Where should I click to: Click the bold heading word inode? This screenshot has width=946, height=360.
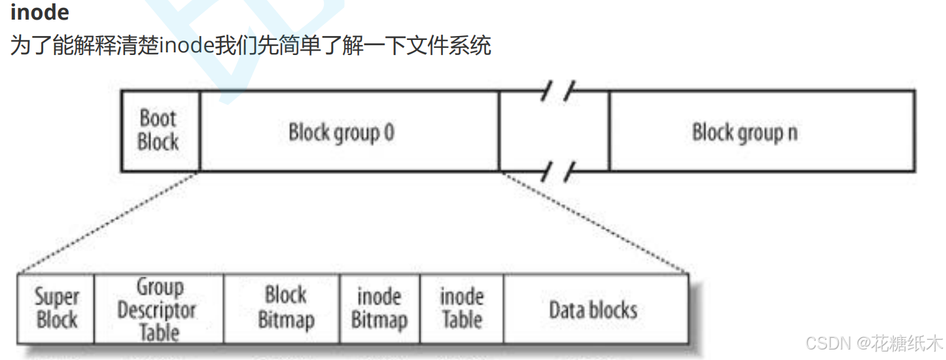[x=40, y=12]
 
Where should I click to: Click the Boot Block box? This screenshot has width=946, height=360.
[x=160, y=130]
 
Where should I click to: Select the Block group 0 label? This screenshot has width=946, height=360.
[x=342, y=132]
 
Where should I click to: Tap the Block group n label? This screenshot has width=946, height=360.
[x=745, y=132]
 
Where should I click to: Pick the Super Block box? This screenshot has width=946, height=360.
[x=56, y=308]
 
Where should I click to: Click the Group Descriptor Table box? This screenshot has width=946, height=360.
[x=159, y=308]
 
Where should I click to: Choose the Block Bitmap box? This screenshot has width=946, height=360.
[x=282, y=308]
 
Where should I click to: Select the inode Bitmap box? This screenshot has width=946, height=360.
[x=379, y=308]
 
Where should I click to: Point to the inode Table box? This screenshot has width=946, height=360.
[x=462, y=308]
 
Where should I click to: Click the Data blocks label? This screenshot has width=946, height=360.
[x=593, y=310]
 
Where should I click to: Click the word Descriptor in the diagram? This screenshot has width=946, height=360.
[x=156, y=311]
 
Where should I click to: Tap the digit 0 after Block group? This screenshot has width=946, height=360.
[x=389, y=132]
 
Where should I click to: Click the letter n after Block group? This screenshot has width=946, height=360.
[x=793, y=133]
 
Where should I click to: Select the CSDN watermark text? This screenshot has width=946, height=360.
[x=874, y=343]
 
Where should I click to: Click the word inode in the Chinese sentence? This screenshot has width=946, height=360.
[x=186, y=45]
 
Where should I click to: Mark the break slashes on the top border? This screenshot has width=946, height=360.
[x=557, y=90]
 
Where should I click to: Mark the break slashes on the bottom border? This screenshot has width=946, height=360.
[x=557, y=171]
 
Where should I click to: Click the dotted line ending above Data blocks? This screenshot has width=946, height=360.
[x=593, y=221]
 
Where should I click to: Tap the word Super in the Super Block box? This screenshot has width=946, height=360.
[x=57, y=297]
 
